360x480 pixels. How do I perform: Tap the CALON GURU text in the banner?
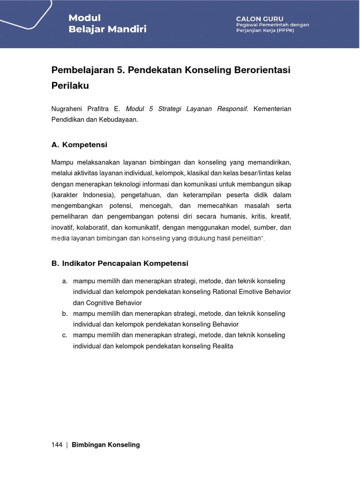[260, 19]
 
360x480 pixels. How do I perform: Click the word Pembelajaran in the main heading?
[82, 70]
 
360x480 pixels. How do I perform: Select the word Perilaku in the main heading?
[70, 86]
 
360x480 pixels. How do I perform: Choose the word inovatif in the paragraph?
[62, 227]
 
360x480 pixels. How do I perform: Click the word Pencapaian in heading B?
[118, 263]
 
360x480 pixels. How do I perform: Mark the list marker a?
[64, 281]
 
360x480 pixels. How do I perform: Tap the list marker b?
[64, 314]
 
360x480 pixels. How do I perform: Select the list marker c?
[64, 335]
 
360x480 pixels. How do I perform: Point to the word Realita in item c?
[223, 346]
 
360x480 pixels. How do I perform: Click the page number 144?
[57, 445]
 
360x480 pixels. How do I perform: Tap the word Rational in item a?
[226, 292]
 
